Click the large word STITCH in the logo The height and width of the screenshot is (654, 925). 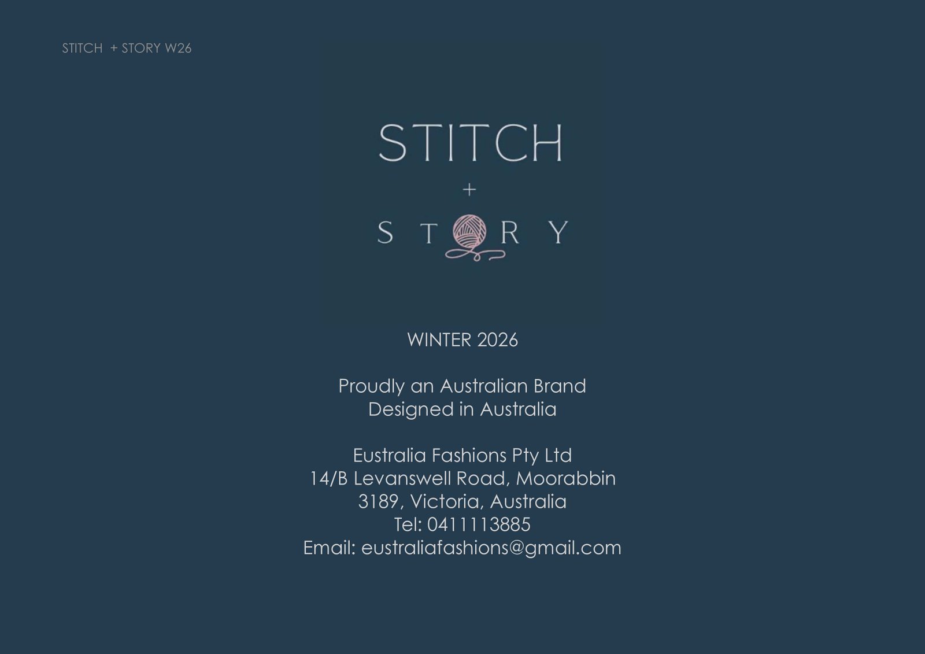471,142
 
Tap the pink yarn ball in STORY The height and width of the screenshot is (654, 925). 469,232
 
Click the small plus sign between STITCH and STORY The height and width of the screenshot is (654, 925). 469,190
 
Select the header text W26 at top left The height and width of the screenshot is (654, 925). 178,49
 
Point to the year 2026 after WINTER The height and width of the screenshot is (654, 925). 497,340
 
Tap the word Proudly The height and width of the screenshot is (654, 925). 371,387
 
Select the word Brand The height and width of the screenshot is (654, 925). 560,386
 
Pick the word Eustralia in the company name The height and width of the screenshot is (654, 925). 389,455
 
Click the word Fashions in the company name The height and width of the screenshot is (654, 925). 469,455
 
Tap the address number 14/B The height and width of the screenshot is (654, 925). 328,478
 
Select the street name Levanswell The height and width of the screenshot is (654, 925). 402,478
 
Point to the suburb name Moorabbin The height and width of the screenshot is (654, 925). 566,478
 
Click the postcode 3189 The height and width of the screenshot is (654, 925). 378,501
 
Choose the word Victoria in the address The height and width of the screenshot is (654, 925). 445,502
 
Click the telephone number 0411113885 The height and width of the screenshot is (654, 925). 479,524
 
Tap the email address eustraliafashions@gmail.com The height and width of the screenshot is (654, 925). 491,549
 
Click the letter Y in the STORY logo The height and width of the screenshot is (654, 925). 558,232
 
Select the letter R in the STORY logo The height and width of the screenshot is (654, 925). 509,232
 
